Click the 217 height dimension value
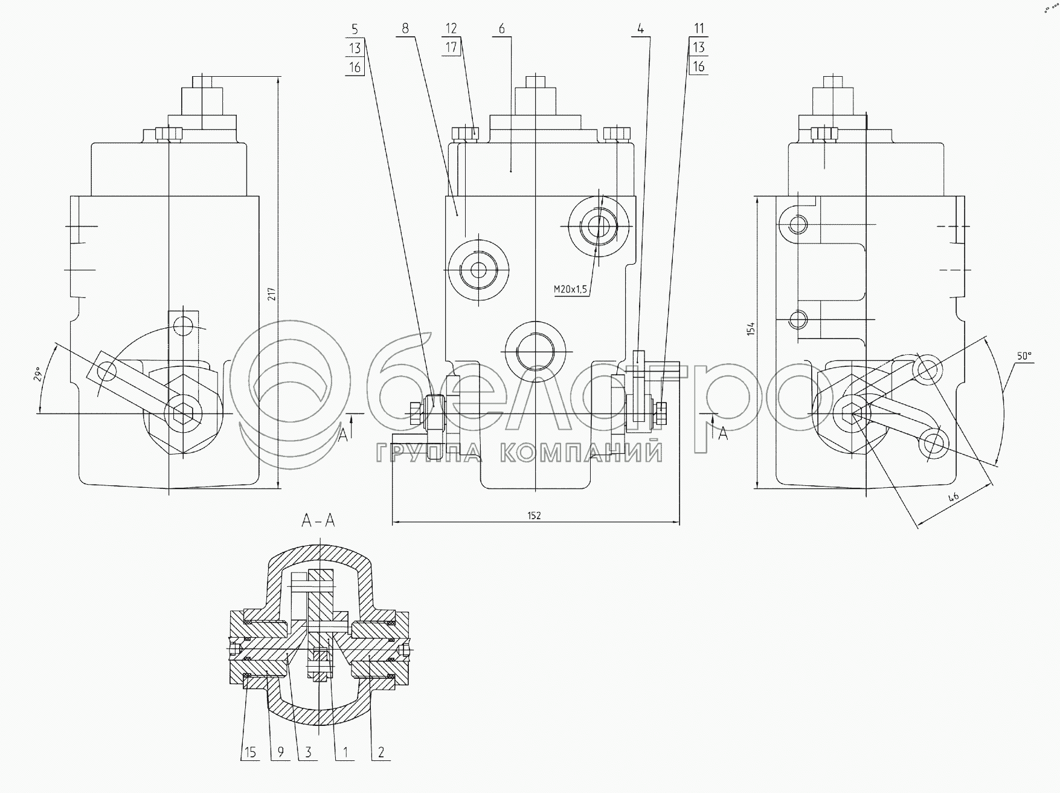tap(272, 294)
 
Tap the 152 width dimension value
tap(534, 516)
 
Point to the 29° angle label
tap(37, 374)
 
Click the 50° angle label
tap(1023, 357)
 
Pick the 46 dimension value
tap(954, 497)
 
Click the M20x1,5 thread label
tap(570, 290)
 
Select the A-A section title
tap(318, 520)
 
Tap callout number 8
tap(405, 28)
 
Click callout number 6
tap(502, 28)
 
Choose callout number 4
tap(641, 28)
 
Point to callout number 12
tap(451, 28)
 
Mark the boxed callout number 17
tap(451, 47)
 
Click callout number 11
tap(699, 28)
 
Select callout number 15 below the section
tap(250, 753)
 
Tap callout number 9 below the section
tap(280, 753)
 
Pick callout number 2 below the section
tap(381, 753)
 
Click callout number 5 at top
tap(355, 28)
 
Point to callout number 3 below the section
tap(308, 753)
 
